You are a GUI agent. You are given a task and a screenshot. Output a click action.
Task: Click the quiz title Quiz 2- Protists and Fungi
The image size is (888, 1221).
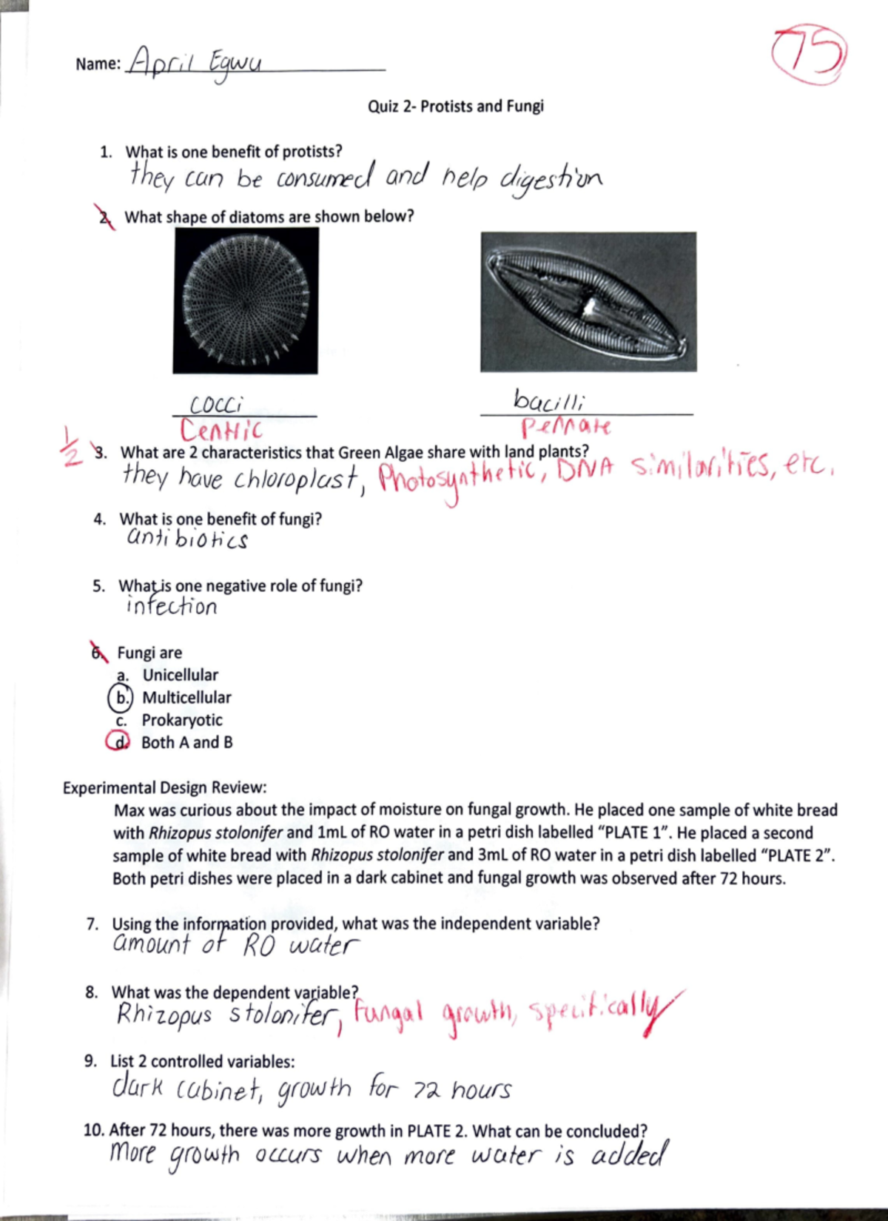pyautogui.click(x=455, y=106)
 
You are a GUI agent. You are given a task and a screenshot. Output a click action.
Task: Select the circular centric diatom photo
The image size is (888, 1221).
pyautogui.click(x=246, y=300)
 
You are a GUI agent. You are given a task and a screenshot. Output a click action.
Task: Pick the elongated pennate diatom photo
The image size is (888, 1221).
pyautogui.click(x=588, y=301)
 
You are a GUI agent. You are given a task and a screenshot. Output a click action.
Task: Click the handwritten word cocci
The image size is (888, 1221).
pyautogui.click(x=216, y=405)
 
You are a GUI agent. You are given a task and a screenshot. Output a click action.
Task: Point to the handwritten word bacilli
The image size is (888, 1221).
pyautogui.click(x=549, y=401)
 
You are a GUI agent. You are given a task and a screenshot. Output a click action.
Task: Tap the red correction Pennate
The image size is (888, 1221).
pyautogui.click(x=566, y=427)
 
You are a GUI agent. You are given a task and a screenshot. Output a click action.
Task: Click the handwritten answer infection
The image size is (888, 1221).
pyautogui.click(x=172, y=607)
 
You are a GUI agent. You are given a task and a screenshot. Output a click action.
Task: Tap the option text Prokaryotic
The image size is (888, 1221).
pyautogui.click(x=182, y=720)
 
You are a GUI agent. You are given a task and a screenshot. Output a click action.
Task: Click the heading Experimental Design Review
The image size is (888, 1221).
pyautogui.click(x=164, y=787)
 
